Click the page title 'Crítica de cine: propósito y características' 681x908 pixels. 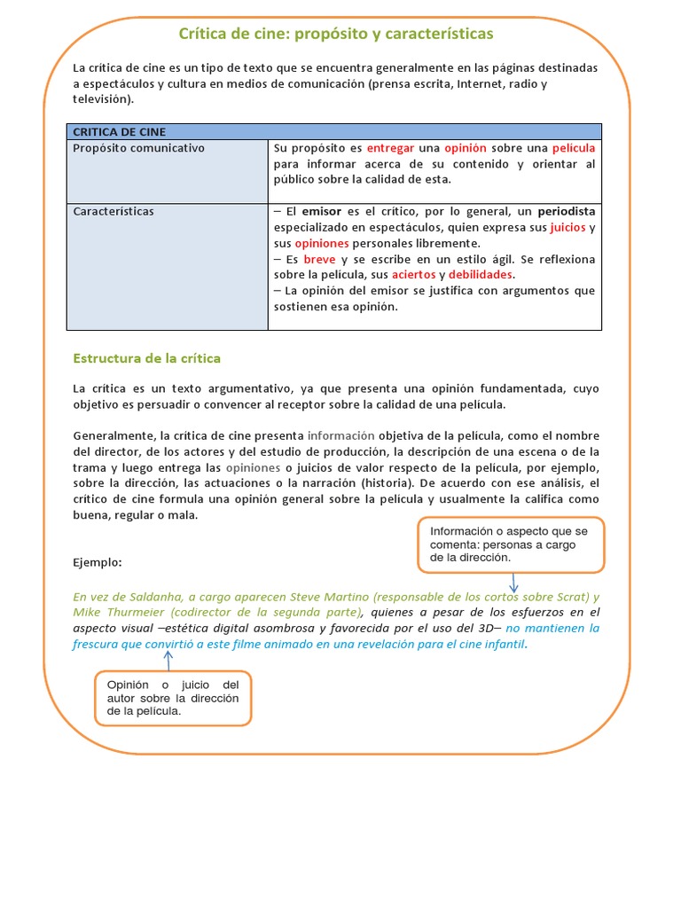[336, 34]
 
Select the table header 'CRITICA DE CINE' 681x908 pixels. [119, 132]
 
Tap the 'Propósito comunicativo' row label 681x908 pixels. [138, 148]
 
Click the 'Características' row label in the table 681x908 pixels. [113, 212]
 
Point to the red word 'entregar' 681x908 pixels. [390, 148]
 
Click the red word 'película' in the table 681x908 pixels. [573, 148]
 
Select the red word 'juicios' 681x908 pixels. [567, 228]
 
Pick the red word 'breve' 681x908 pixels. [319, 260]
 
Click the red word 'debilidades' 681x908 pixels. [481, 276]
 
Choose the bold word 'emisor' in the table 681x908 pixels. [322, 212]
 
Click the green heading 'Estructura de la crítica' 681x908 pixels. [146, 358]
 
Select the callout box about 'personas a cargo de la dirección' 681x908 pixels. [512, 544]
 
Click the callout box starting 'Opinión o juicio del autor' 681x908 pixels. [173, 698]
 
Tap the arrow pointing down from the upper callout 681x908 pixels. [513, 582]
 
